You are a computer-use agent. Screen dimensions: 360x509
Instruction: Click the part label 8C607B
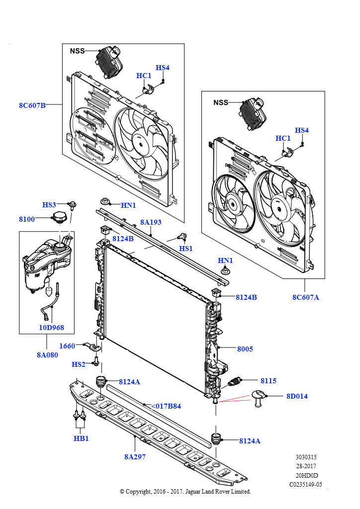pyautogui.click(x=32, y=105)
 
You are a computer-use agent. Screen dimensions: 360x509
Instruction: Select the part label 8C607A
pyautogui.click(x=305, y=297)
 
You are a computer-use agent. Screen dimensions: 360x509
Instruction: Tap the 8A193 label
pyautogui.click(x=151, y=222)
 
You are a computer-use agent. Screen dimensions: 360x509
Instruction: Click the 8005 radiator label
pyautogui.click(x=245, y=349)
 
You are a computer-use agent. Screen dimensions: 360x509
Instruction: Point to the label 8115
pyautogui.click(x=269, y=381)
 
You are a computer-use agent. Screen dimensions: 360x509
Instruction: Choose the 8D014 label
pyautogui.click(x=297, y=396)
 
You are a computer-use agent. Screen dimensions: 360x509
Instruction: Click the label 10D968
pyautogui.click(x=51, y=328)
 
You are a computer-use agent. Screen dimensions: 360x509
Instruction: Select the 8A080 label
pyautogui.click(x=47, y=355)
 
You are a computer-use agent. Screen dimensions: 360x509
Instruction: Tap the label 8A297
pyautogui.click(x=135, y=457)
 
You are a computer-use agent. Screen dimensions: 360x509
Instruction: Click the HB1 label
pyautogui.click(x=81, y=438)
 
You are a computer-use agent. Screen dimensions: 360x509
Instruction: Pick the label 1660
pyautogui.click(x=67, y=346)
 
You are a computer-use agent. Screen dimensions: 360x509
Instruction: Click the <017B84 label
pyautogui.click(x=166, y=406)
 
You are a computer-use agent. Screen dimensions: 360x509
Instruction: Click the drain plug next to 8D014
pyautogui.click(x=259, y=398)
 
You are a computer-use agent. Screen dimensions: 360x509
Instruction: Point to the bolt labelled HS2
pyautogui.click(x=96, y=361)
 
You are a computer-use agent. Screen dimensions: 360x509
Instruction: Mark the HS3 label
pyautogui.click(x=49, y=205)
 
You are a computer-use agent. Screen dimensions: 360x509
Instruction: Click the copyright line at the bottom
pyautogui.click(x=185, y=492)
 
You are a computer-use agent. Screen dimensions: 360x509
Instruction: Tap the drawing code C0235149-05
pyautogui.click(x=305, y=484)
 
